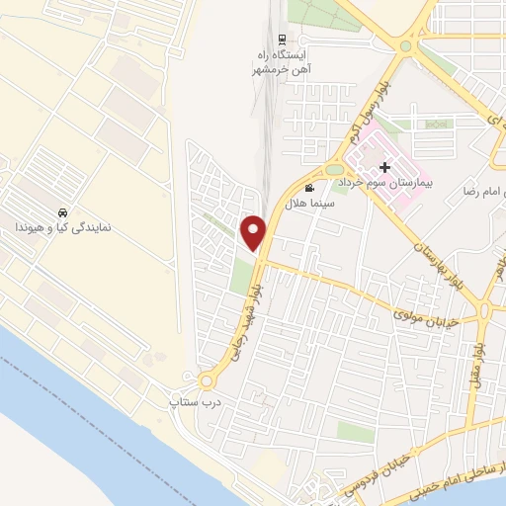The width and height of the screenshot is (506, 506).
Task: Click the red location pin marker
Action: pyautogui.click(x=255, y=231)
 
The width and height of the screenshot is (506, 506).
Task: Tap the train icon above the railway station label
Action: pyautogui.click(x=283, y=39)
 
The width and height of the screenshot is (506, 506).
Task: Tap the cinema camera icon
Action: pyautogui.click(x=310, y=188)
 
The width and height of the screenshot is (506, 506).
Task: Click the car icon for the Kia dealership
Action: pyautogui.click(x=63, y=212)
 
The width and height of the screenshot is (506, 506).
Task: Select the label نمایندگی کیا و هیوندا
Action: pyautogui.click(x=61, y=228)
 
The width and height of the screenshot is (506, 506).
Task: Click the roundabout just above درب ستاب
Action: pyautogui.click(x=207, y=380)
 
